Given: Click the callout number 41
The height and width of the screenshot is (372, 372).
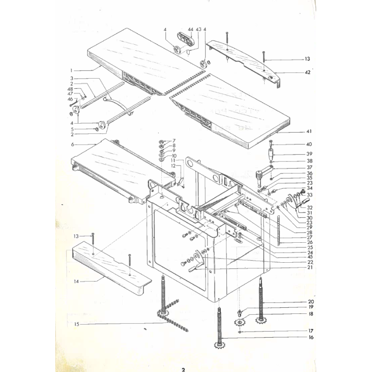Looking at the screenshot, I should pos(309,133).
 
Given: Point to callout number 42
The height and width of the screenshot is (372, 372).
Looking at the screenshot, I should pos(307,72).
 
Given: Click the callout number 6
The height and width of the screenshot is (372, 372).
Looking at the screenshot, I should pos(73,145).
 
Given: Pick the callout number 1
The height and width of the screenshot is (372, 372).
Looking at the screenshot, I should pos(72,70).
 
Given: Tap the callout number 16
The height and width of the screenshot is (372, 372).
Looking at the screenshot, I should pos(311,337).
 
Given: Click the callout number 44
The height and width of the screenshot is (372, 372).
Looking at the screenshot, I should pos(190,29).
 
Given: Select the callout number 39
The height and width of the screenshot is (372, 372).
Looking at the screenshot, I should pos(309,154).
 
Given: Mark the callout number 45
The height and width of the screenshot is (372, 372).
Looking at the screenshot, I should pos(310,257).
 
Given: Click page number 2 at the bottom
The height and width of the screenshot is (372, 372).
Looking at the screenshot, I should pos(183,370).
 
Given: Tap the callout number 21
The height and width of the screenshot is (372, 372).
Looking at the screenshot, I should pos(309,268).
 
